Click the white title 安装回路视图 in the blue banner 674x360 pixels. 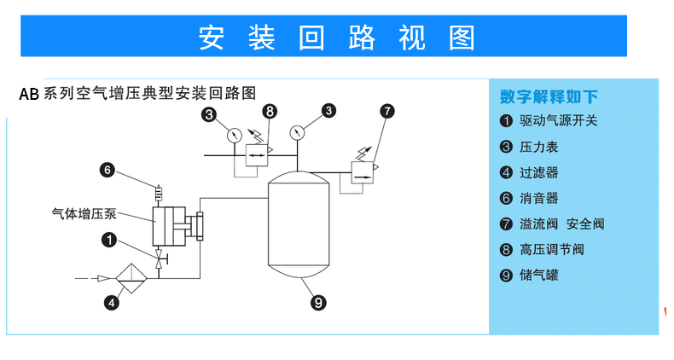pyautogui.click(x=336, y=37)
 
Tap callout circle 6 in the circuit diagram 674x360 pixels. pyautogui.click(x=107, y=170)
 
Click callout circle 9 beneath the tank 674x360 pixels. pyautogui.click(x=317, y=301)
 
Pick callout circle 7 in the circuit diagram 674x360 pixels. pyautogui.click(x=387, y=111)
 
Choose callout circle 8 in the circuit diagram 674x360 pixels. pyautogui.click(x=270, y=111)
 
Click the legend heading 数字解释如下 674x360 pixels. pyautogui.click(x=549, y=96)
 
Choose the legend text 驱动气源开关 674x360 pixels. pyautogui.click(x=559, y=121)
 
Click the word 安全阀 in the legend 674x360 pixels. pyautogui.click(x=585, y=224)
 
